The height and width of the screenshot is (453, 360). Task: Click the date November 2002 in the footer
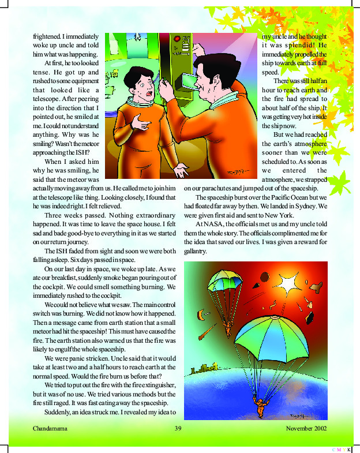tap(306, 429)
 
